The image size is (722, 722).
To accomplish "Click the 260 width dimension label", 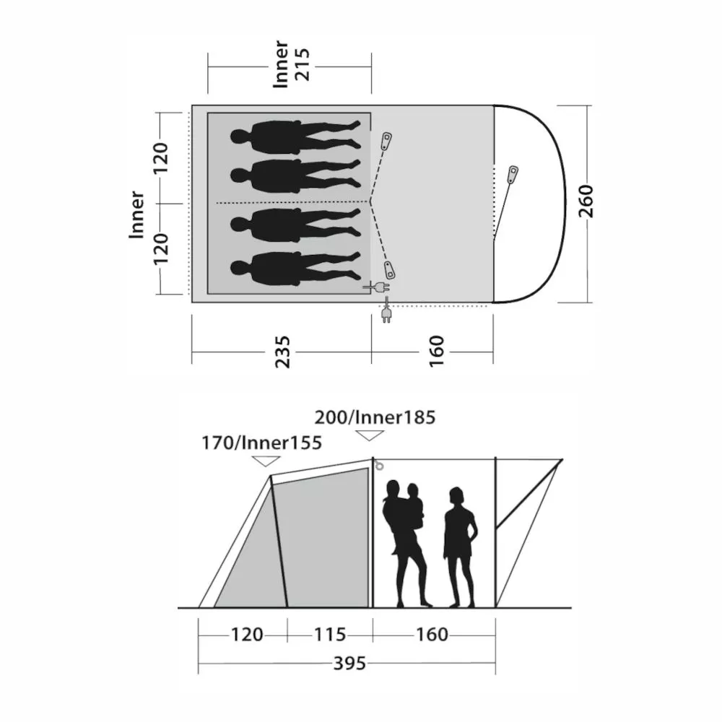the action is coord(586,201).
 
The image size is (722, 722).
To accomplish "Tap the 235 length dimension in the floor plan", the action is coord(283,352).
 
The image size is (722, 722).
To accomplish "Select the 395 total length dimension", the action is coord(349,664).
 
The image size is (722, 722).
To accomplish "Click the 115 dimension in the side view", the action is coord(330,635).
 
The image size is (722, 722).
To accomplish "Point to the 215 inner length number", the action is coord(303,64).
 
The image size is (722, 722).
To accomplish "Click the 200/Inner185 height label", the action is coord(375,417).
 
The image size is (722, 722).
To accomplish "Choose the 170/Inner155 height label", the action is coord(261,443).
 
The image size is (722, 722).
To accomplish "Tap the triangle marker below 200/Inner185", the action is coord(370,435).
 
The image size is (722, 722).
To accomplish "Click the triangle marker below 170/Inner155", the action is coord(266,461).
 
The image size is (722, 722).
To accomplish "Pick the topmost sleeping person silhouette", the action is coord(295,136).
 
